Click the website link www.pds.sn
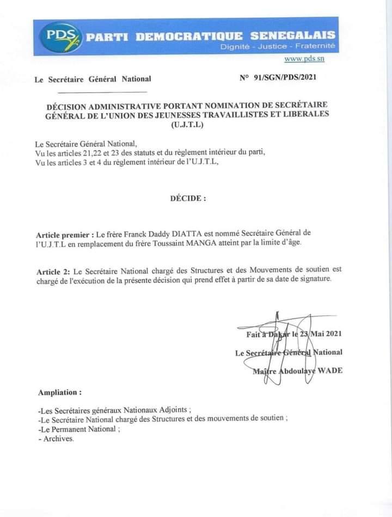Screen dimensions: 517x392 click(x=301, y=59)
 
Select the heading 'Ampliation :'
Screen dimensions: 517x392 click(x=60, y=392)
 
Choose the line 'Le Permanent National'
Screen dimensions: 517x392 click(x=78, y=429)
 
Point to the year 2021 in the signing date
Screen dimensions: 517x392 click(x=332, y=334)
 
